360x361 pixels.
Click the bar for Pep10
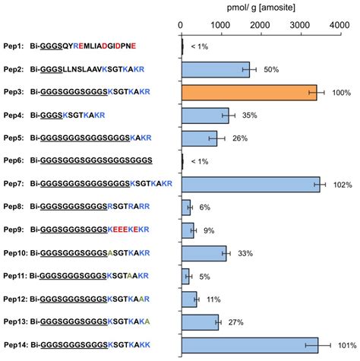point(204,253)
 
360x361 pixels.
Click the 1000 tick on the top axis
point(222,25)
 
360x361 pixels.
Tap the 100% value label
point(339,93)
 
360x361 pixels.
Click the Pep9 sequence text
point(90,230)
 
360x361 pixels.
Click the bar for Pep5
point(200,138)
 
